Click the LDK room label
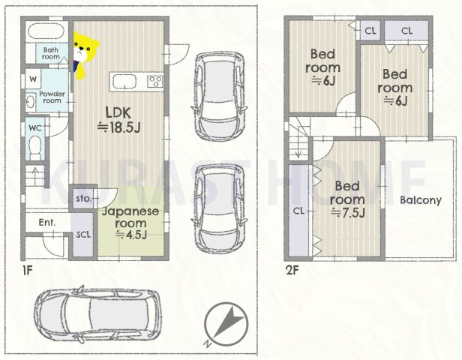coord(118,120)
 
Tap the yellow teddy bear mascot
coord(84,55)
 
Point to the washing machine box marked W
coord(33,79)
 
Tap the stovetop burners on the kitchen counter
coord(155,81)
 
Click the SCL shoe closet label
coord(83,235)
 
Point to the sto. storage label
coord(83,199)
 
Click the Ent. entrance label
coord(47,222)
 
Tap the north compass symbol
coord(226,324)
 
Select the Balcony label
coord(421,200)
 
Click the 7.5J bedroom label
coord(348,199)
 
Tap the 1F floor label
coord(28,271)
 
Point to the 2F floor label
coord(292,270)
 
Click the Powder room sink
coord(30,102)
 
